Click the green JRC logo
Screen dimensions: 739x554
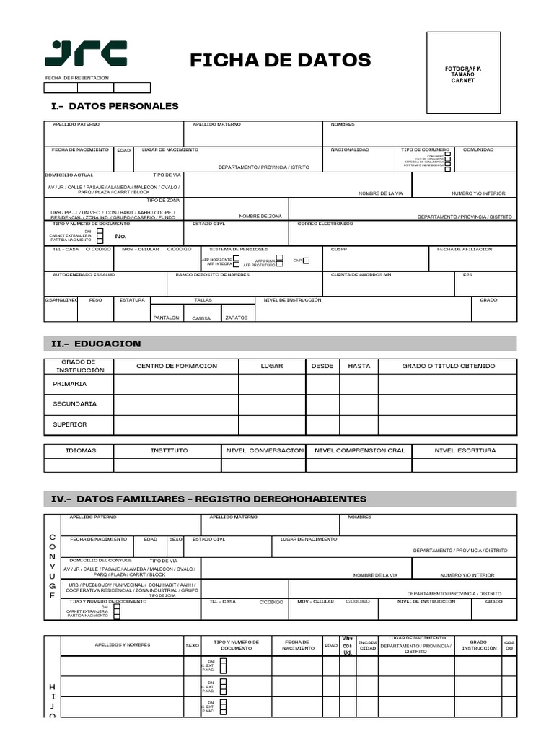pyautogui.click(x=86, y=54)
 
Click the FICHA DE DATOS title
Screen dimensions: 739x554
pyautogui.click(x=280, y=60)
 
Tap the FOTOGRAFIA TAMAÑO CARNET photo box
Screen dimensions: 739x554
pyautogui.click(x=463, y=73)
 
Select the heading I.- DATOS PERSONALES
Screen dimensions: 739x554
pyautogui.click(x=115, y=106)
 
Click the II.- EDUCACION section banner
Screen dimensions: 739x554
pyautogui.click(x=281, y=344)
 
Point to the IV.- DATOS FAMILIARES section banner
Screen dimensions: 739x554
pyautogui.click(x=281, y=499)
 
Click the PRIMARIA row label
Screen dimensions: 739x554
pyautogui.click(x=70, y=384)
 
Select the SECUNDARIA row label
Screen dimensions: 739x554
pyautogui.click(x=74, y=404)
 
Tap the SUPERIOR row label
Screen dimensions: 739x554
pyautogui.click(x=70, y=424)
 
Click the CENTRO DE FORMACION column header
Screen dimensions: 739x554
pyautogui.click(x=176, y=366)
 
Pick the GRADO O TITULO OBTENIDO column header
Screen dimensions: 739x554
pyautogui.click(x=448, y=366)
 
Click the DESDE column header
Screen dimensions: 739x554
pyautogui.click(x=322, y=366)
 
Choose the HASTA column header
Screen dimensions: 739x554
pyautogui.click(x=359, y=366)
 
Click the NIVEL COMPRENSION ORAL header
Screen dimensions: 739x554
pyautogui.click(x=359, y=450)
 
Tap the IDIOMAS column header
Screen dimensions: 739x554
pyautogui.click(x=80, y=450)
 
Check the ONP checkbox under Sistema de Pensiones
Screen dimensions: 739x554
pyautogui.click(x=307, y=261)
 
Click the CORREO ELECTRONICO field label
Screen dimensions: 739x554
pyautogui.click(x=325, y=224)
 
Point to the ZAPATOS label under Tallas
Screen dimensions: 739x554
pyautogui.click(x=236, y=318)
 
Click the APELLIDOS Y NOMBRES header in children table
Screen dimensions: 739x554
pyautogui.click(x=123, y=644)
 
